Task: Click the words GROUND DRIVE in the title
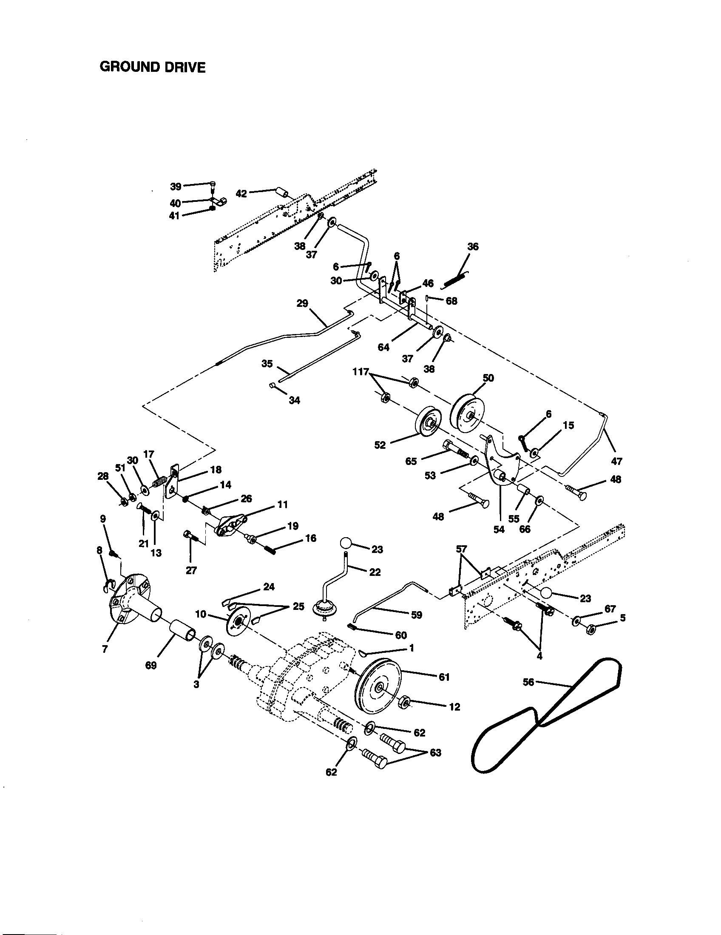153,67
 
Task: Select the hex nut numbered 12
404,701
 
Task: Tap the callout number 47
616,461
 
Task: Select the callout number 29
302,303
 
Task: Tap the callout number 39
176,186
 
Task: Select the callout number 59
416,615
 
